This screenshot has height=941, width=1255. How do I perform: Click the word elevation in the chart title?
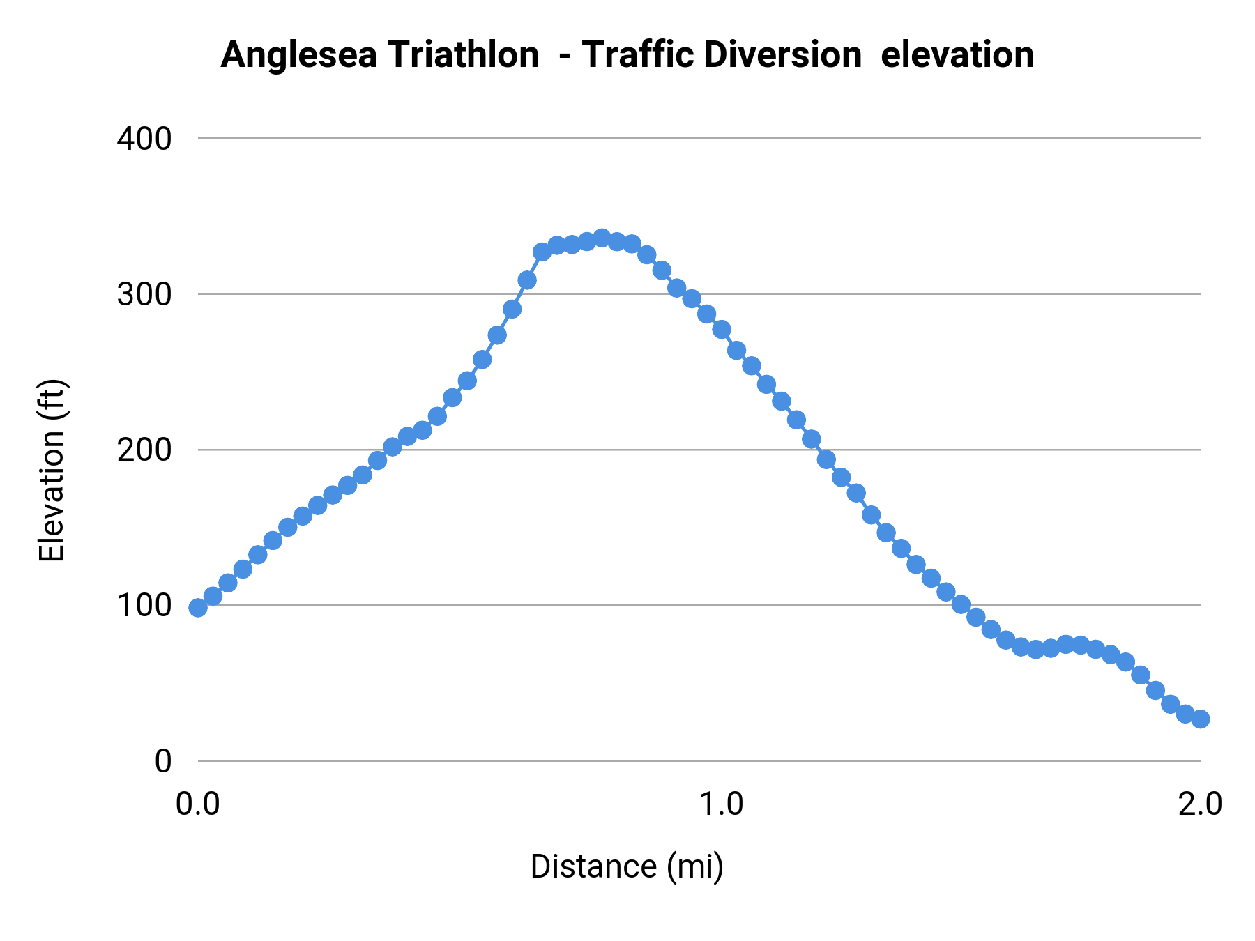[x=957, y=54]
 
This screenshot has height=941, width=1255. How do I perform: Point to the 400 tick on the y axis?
[x=144, y=139]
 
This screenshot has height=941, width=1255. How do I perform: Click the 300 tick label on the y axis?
[x=144, y=294]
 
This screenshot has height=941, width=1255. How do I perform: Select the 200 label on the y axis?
[x=144, y=450]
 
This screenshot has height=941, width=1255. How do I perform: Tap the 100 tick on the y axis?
[x=144, y=605]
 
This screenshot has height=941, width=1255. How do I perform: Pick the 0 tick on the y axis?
[x=162, y=761]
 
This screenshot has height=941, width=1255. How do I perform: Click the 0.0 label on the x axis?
[x=197, y=804]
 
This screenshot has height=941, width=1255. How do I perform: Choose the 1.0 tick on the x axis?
[x=721, y=804]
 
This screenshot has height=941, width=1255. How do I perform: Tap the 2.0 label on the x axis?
[x=1200, y=804]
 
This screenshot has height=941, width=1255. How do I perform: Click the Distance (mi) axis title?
[x=627, y=866]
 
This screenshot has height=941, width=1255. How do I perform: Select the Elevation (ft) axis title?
[x=51, y=470]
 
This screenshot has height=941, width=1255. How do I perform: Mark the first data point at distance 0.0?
[x=198, y=608]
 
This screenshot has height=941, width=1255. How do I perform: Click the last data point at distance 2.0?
[x=1200, y=719]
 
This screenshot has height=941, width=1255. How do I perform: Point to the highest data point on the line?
[x=602, y=238]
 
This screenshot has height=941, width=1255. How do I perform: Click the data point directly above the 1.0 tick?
[x=722, y=330]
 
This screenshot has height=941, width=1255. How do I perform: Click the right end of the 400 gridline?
[x=1199, y=139]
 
